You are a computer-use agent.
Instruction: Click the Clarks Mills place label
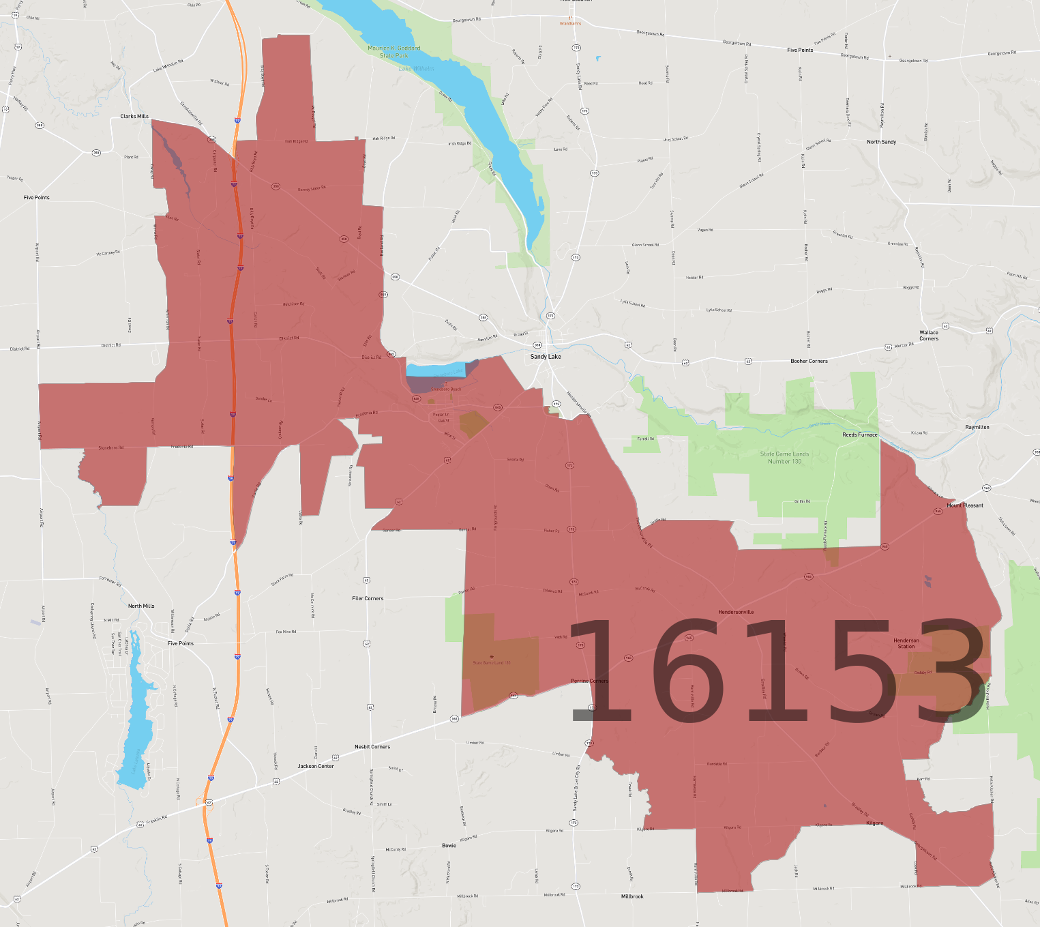134,117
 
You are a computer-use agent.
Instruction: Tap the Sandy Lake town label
546,357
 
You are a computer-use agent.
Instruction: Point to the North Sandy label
881,142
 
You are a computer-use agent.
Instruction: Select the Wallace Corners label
929,336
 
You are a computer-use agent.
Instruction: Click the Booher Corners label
809,361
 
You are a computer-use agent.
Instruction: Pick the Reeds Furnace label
860,435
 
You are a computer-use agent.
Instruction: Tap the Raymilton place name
977,427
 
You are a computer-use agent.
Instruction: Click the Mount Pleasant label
965,505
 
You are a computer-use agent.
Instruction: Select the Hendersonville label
736,612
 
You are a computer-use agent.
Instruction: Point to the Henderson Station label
906,643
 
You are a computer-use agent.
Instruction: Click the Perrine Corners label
590,681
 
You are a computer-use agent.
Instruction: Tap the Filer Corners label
368,598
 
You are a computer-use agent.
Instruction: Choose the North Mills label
141,606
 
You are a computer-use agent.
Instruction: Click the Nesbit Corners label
372,747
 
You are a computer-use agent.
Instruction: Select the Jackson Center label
316,766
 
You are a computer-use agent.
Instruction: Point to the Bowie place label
449,845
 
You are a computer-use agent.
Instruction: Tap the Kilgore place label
874,823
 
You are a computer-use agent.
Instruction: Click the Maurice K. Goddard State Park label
394,52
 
